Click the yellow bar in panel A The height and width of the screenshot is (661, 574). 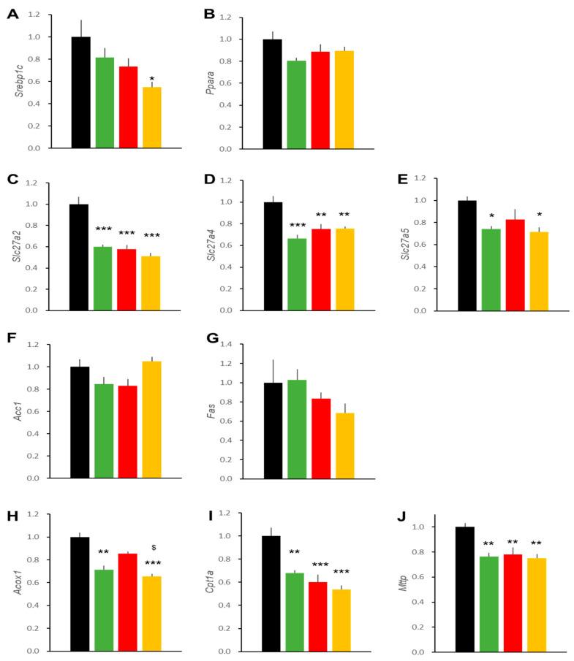(x=151, y=118)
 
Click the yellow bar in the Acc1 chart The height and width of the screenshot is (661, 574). (x=151, y=420)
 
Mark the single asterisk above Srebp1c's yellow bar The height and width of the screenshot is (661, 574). (x=151, y=79)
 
